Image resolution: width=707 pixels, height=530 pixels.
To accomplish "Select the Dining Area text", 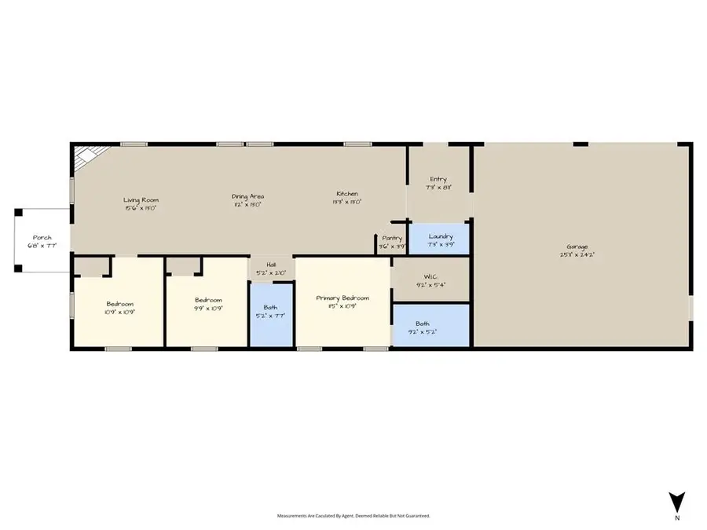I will click(x=247, y=196).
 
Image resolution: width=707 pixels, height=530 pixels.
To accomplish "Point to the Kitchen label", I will click(x=347, y=193).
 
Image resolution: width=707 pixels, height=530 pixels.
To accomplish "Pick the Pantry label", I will click(x=392, y=238).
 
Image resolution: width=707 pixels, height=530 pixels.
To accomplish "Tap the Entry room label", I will click(x=438, y=180).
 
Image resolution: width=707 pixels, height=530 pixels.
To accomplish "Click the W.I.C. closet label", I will click(x=430, y=276).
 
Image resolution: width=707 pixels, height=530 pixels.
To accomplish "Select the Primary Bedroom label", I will click(x=343, y=298).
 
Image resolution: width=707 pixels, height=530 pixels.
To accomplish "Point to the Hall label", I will click(x=271, y=265).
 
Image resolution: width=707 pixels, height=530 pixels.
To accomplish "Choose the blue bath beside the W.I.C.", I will click(x=430, y=326).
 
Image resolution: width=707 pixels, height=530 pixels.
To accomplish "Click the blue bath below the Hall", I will click(x=270, y=314).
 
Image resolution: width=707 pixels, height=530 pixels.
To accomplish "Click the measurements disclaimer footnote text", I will click(x=353, y=516).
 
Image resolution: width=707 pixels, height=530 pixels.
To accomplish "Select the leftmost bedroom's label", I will click(x=120, y=304).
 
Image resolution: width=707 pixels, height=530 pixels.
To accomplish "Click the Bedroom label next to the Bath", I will click(x=208, y=300).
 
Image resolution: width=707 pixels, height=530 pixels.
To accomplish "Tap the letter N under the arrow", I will click(x=676, y=517).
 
